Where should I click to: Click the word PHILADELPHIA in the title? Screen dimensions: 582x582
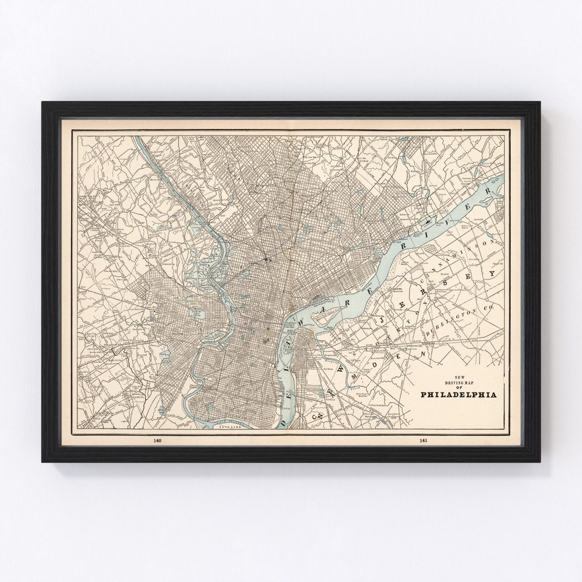pos(459,394)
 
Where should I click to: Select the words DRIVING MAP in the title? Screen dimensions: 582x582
pos(459,382)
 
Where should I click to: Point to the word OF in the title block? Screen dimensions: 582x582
pos(459,386)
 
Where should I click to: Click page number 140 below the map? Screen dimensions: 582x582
pos(157,441)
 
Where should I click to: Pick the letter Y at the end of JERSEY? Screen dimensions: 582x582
pos(491,274)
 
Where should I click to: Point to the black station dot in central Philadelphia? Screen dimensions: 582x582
pos(268,260)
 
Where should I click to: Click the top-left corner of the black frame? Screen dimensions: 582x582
pos(43,102)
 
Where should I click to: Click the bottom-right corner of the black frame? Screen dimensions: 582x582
pos(539,462)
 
